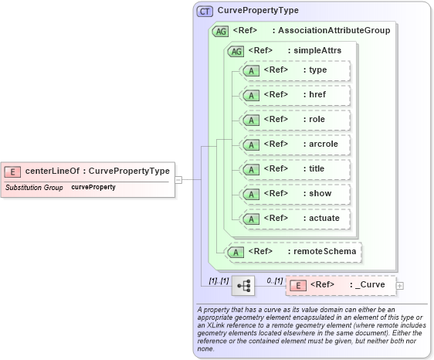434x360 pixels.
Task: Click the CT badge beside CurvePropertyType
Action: click(205, 12)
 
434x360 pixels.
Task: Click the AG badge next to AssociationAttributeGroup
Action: click(220, 31)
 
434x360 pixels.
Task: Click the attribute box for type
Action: click(296, 70)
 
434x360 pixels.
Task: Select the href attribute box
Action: click(296, 95)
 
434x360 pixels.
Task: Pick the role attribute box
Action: click(296, 120)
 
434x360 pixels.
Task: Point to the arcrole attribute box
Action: click(296, 144)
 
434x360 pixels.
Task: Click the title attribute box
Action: click(296, 169)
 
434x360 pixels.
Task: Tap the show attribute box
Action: click(296, 194)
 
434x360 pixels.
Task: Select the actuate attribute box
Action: click(296, 219)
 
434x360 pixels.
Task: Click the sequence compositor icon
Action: click(244, 286)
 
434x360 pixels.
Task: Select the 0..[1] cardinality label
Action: click(274, 280)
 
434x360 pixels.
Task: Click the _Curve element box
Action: click(341, 286)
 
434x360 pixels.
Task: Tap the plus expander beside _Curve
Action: click(399, 286)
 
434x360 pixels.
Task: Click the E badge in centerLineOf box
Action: click(13, 172)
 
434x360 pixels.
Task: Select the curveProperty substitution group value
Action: click(93, 188)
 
